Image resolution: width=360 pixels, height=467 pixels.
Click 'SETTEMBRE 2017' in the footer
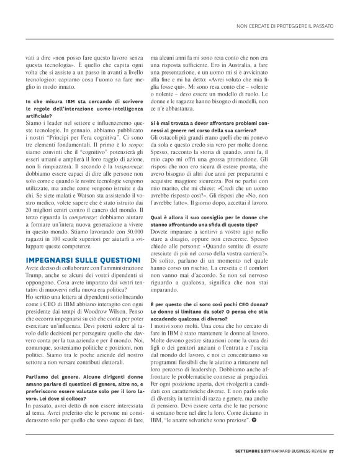(253, 451)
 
